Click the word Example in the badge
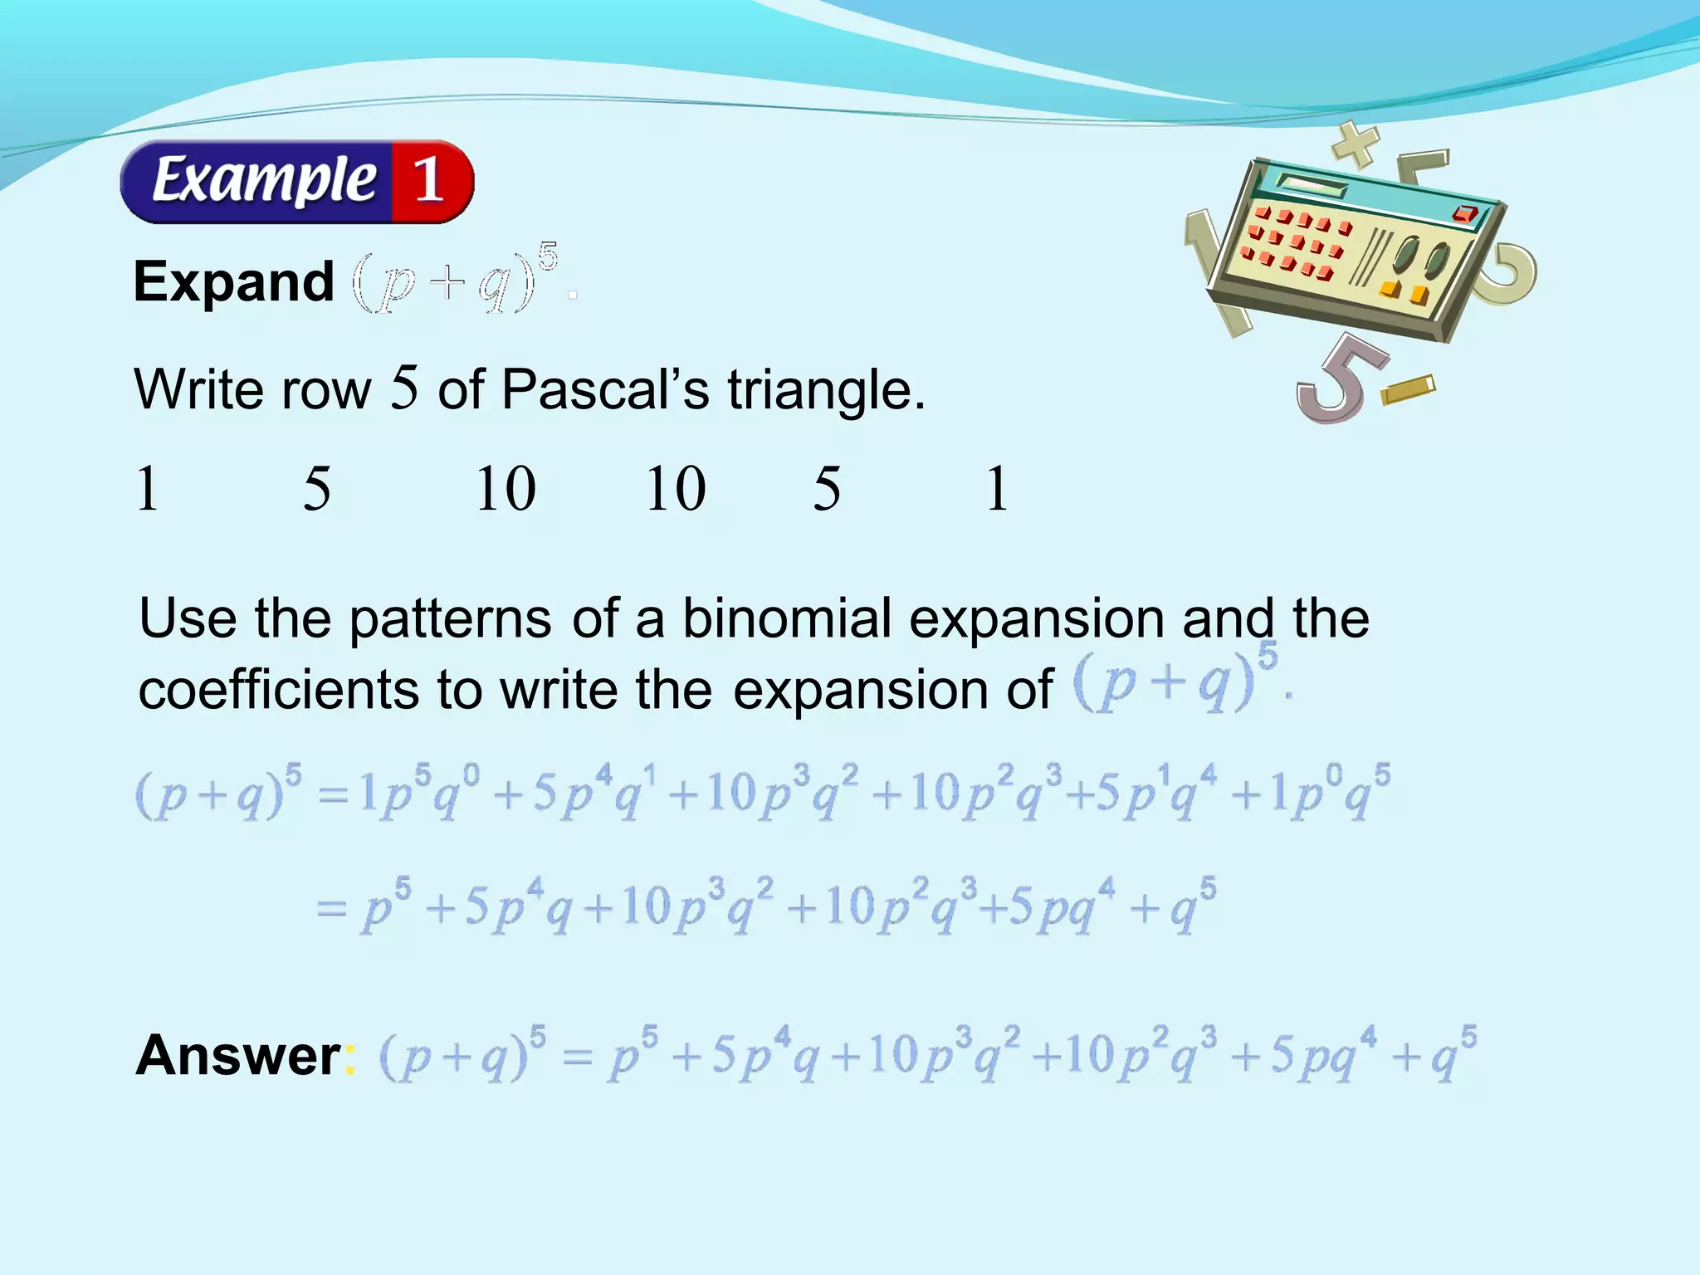pos(264,180)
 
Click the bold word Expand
pos(234,282)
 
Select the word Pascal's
pos(605,389)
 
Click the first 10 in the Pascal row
pos(505,489)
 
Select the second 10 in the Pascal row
pos(676,489)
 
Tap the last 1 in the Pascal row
pos(997,489)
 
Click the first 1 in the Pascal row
pos(147,489)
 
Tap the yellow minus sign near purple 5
pos(1409,389)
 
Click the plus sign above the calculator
pos(1355,144)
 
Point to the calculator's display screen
pos(1312,184)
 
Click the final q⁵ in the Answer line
pos(1453,1056)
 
